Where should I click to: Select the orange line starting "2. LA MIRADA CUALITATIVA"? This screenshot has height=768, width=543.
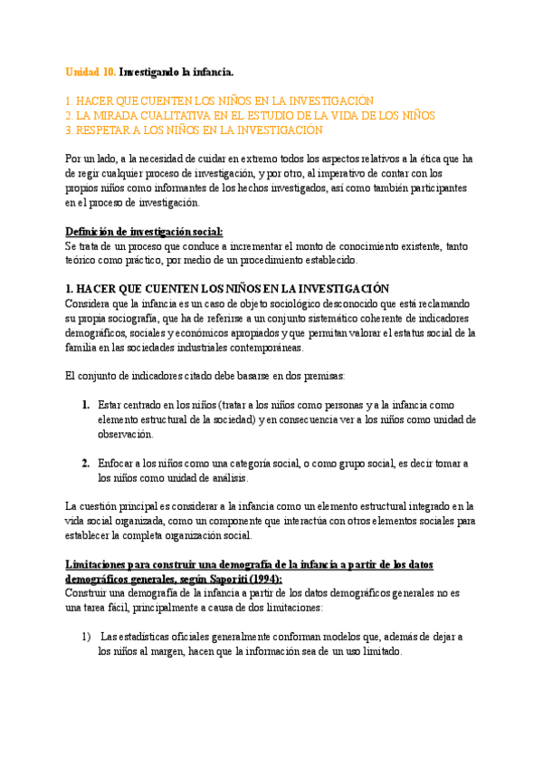(x=251, y=116)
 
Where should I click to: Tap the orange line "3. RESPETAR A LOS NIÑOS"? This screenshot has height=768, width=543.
(x=194, y=130)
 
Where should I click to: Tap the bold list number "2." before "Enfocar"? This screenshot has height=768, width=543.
(x=85, y=464)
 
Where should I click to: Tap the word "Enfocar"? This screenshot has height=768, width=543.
(x=119, y=464)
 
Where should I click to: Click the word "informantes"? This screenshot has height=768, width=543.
(x=165, y=188)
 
